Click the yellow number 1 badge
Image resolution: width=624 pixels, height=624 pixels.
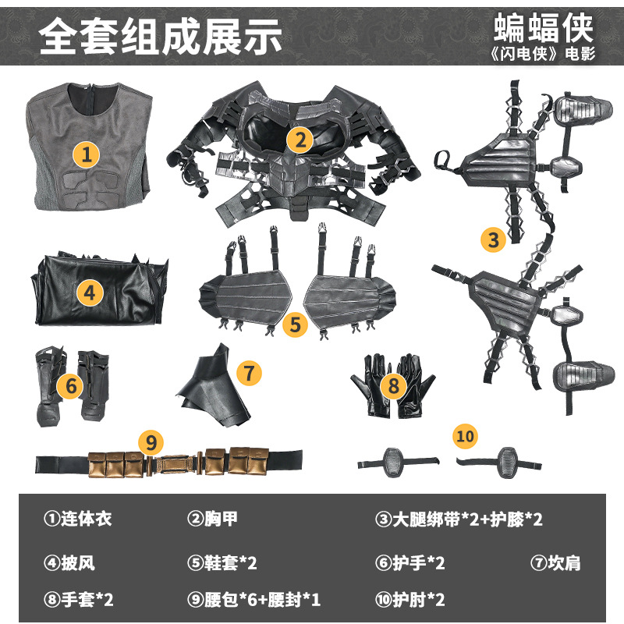click(86, 154)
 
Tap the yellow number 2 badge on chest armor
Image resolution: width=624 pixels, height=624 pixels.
click(300, 140)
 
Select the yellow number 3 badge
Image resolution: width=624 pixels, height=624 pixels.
click(494, 239)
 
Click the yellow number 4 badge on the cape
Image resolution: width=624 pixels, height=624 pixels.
click(90, 293)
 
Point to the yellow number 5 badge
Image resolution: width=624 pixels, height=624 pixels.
click(296, 324)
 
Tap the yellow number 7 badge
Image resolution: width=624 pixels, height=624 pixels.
click(249, 373)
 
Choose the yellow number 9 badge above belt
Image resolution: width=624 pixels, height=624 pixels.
click(151, 442)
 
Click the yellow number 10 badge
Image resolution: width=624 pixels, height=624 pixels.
click(465, 436)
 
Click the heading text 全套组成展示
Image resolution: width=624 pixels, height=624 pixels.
click(160, 36)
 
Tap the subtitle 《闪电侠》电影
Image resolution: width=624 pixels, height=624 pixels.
click(543, 53)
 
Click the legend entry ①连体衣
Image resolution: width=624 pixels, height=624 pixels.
click(78, 519)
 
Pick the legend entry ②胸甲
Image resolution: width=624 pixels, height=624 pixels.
click(212, 519)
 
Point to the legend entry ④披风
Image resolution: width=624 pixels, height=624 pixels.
click(69, 562)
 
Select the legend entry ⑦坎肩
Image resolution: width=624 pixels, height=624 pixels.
click(555, 562)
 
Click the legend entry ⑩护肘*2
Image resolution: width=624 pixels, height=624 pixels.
click(410, 599)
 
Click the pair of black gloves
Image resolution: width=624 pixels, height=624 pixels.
click(393, 385)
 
